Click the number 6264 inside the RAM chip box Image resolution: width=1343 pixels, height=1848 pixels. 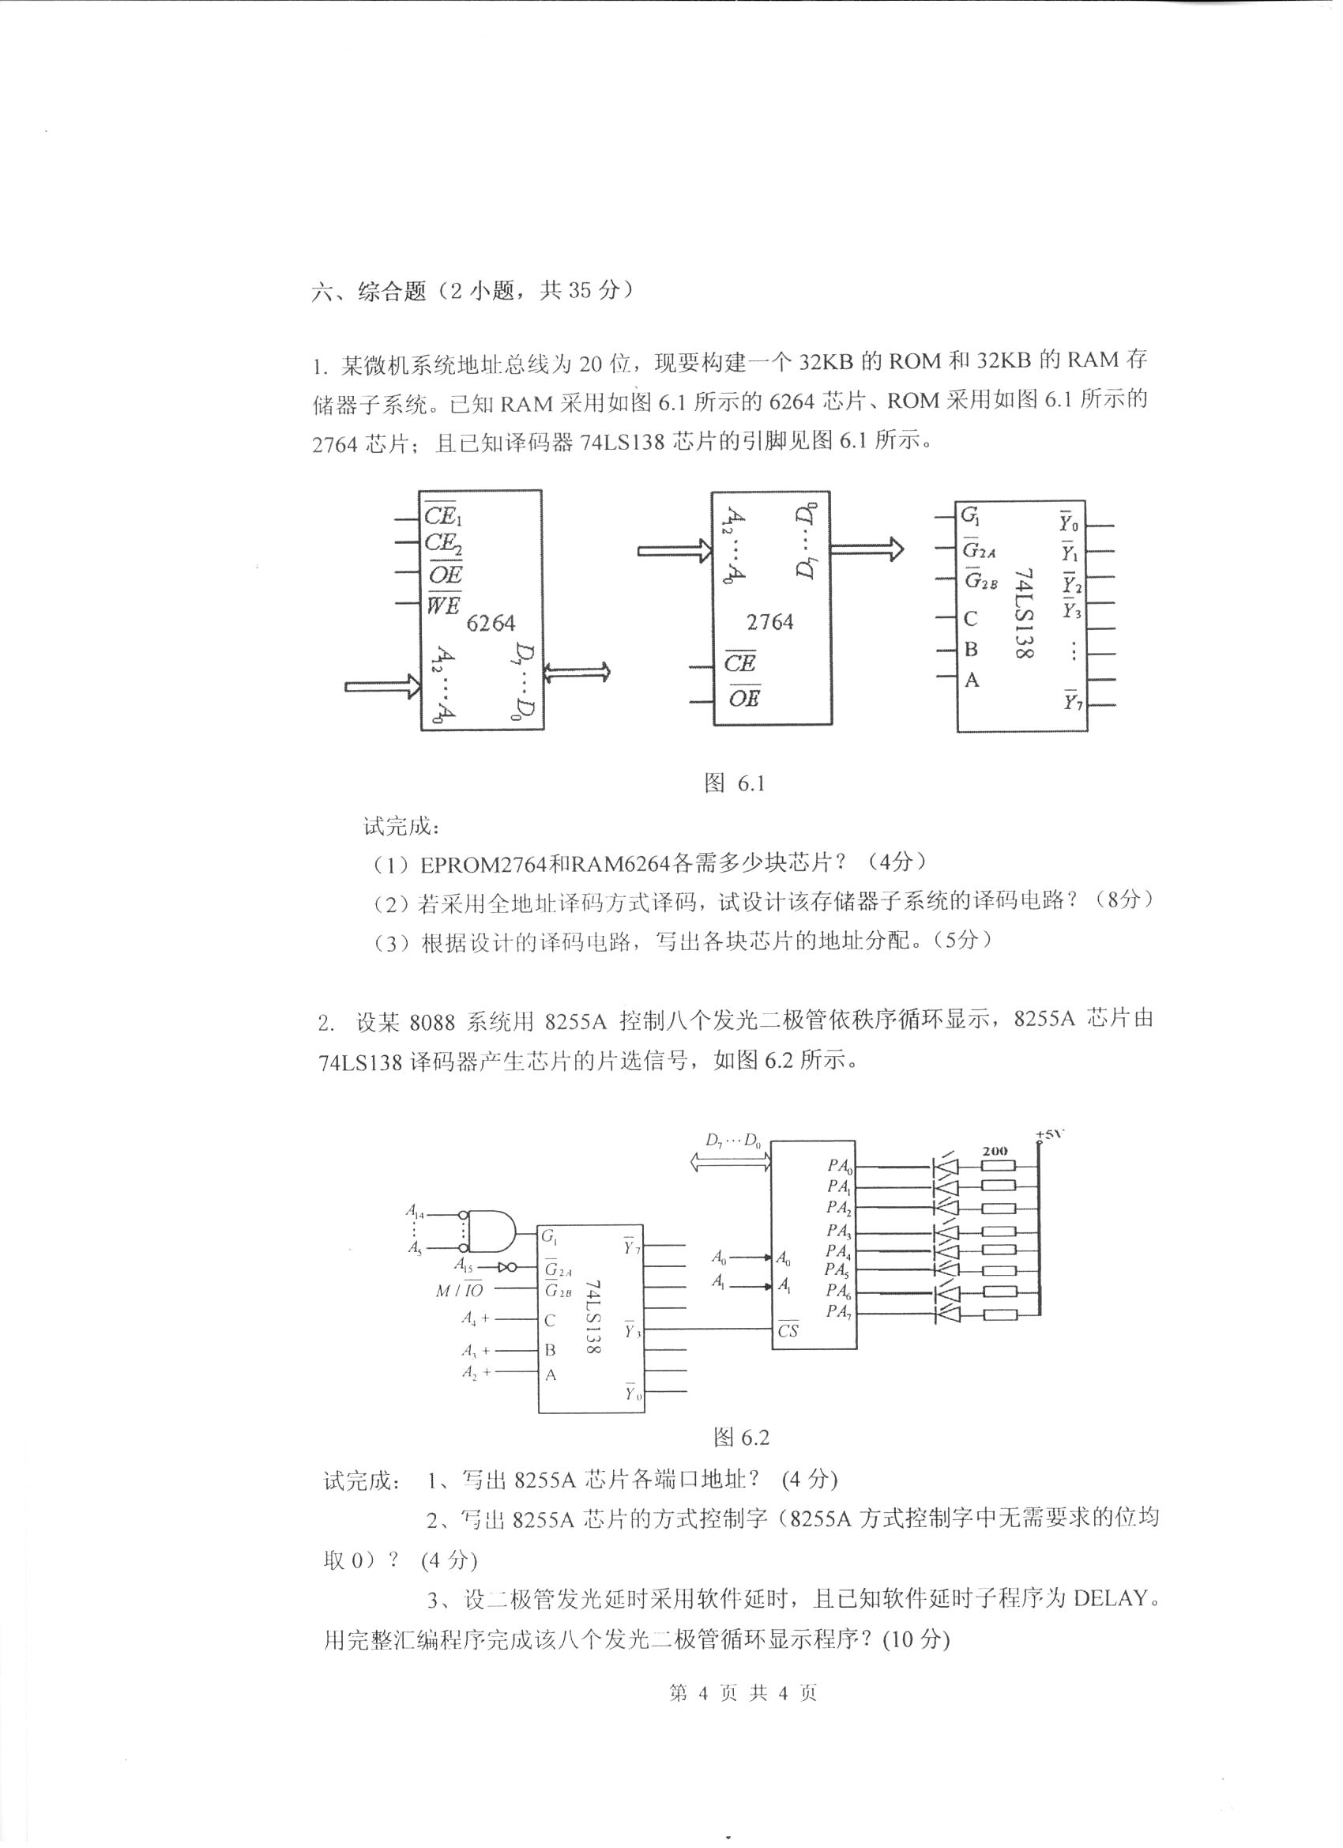pyautogui.click(x=491, y=624)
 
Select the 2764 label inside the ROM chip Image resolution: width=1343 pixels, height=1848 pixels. pyautogui.click(x=769, y=623)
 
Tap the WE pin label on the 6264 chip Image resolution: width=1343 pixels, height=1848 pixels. pyautogui.click(x=444, y=604)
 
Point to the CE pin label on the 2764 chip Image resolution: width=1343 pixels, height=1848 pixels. pyautogui.click(x=740, y=662)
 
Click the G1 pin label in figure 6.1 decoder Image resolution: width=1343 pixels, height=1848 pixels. pyautogui.click(x=970, y=516)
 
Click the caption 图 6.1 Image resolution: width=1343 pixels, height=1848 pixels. pyautogui.click(x=735, y=783)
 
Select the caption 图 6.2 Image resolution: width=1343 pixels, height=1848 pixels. pyautogui.click(x=741, y=1437)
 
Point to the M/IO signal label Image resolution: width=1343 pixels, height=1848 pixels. pyautogui.click(x=459, y=1291)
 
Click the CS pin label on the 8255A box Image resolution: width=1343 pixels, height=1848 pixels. pyautogui.click(x=788, y=1330)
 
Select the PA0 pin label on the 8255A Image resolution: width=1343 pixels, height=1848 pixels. pyautogui.click(x=839, y=1167)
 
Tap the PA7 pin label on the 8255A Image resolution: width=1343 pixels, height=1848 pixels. pyautogui.click(x=839, y=1311)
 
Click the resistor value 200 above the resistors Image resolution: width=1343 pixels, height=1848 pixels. pyautogui.click(x=995, y=1151)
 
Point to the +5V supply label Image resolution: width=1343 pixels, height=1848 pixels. pyautogui.click(x=1051, y=1133)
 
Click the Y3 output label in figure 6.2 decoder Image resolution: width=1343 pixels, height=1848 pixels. pyautogui.click(x=633, y=1331)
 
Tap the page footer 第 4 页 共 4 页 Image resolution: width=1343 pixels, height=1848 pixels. pyautogui.click(x=743, y=1693)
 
